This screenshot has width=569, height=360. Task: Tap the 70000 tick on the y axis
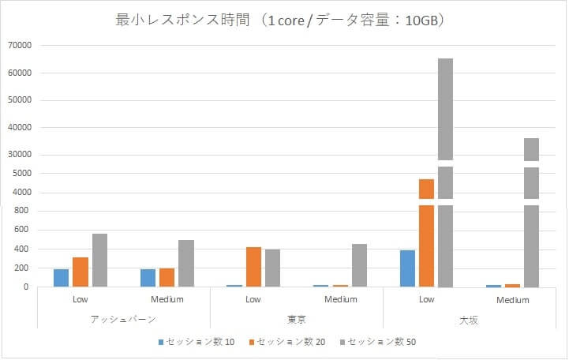pyautogui.click(x=19, y=46)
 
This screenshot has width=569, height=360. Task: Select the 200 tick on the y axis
pyautogui.click(x=24, y=268)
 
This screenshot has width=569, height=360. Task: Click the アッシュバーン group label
pyautogui.click(x=123, y=319)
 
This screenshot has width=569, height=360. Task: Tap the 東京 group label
pyautogui.click(x=297, y=319)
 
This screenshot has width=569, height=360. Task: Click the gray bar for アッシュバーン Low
pyautogui.click(x=99, y=261)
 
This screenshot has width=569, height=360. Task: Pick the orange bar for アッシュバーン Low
pyautogui.click(x=80, y=272)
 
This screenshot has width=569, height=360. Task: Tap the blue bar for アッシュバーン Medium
pyautogui.click(x=148, y=278)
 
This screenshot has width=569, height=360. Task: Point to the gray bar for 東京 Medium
pyautogui.click(x=359, y=265)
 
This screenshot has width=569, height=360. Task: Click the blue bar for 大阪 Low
pyautogui.click(x=407, y=268)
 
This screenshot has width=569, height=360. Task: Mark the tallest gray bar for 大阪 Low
pyautogui.click(x=445, y=174)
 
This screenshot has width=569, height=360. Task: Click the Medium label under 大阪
pyautogui.click(x=513, y=300)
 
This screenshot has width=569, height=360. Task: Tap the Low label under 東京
pyautogui.click(x=253, y=299)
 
